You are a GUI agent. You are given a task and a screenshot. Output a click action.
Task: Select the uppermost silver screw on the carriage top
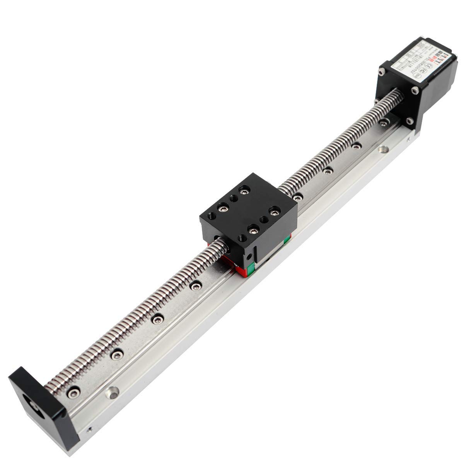244,190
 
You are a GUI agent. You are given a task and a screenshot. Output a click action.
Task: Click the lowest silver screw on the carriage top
252,231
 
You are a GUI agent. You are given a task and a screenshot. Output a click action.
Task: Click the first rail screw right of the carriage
297,198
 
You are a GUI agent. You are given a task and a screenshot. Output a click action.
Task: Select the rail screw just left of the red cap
196,285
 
